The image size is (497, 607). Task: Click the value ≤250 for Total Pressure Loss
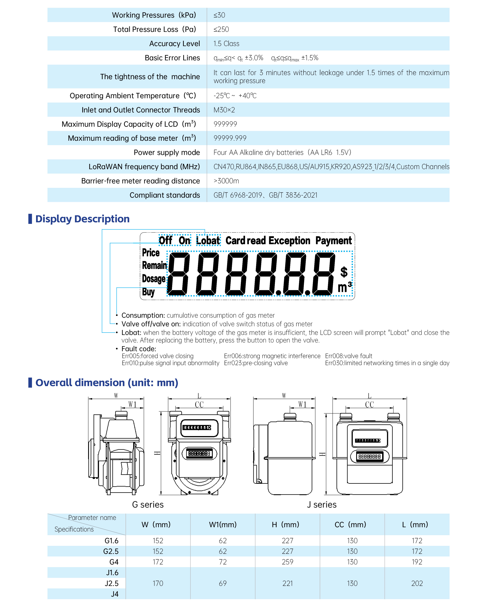221,29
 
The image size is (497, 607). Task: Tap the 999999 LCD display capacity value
225,124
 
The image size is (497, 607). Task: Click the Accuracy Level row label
174,44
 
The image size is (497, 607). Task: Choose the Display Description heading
82,219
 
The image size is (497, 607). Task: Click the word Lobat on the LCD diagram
208,241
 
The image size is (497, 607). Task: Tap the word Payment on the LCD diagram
333,241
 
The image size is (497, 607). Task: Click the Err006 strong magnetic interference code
272,356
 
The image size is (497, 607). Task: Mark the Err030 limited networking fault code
387,363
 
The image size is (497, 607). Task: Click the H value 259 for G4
287,562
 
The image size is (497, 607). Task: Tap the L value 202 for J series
417,583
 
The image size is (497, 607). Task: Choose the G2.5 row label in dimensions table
111,551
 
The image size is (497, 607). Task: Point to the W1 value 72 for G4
222,562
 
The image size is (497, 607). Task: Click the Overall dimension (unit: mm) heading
106,382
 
